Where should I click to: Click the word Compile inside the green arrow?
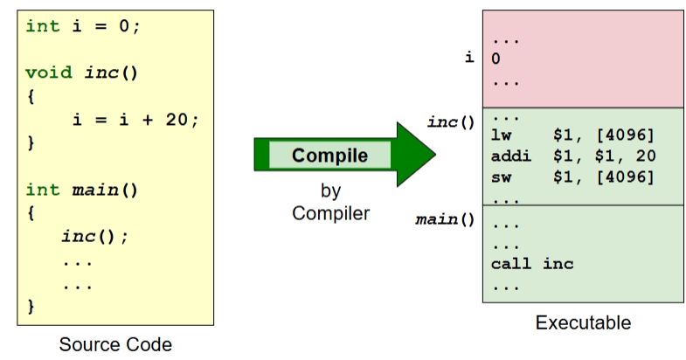[x=329, y=156]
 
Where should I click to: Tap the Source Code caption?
[x=115, y=344]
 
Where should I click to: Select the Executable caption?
[x=583, y=323]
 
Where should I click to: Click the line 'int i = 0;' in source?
[x=83, y=25]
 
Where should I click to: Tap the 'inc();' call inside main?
[x=94, y=237]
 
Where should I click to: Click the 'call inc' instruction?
[x=532, y=263]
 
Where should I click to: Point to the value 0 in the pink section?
[x=496, y=59]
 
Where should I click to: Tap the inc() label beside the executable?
[x=450, y=121]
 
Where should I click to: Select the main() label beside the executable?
[x=445, y=218]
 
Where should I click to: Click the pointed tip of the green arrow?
[x=433, y=156]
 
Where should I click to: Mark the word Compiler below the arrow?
[x=329, y=213]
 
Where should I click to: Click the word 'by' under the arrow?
[x=329, y=190]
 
